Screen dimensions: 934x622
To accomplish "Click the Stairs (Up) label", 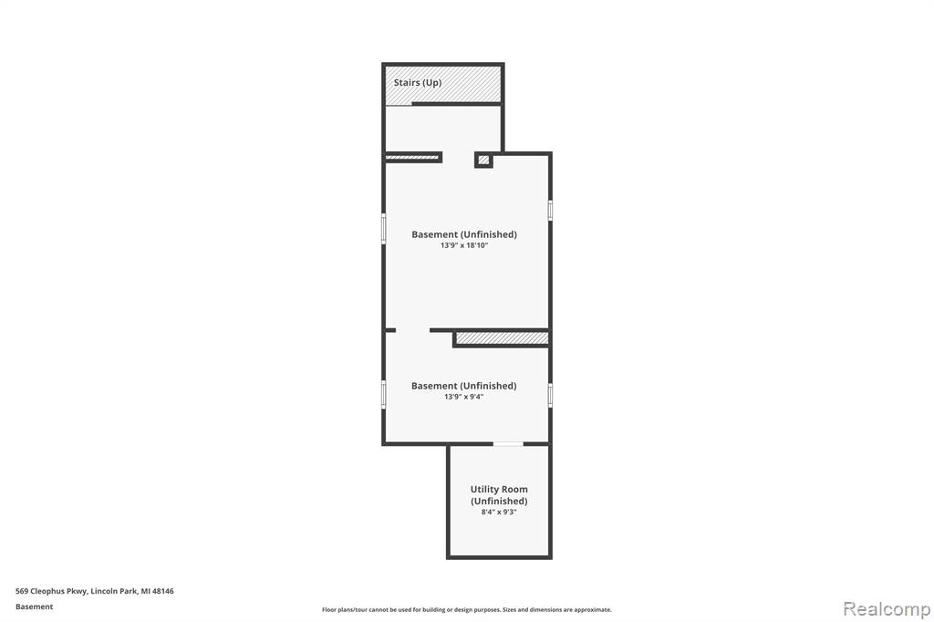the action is click(418, 83).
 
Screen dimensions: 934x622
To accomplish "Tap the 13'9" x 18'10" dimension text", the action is click(464, 245).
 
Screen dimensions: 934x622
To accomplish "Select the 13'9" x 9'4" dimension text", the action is click(464, 397).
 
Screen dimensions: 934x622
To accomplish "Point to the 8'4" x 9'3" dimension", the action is click(499, 512).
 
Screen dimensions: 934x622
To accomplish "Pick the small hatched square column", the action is click(483, 161).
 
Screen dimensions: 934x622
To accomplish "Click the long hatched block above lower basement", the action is click(503, 338).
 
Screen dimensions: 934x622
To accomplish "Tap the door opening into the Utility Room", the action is click(508, 444).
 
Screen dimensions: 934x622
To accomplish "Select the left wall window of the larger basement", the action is click(384, 229).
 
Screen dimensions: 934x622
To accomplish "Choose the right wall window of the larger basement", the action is click(550, 211).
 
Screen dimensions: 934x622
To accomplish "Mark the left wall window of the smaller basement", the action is click(384, 394).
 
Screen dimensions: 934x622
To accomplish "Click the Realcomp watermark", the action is click(887, 609).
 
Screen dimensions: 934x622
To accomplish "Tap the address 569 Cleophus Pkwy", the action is click(52, 591).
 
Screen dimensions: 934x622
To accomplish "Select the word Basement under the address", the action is click(34, 606).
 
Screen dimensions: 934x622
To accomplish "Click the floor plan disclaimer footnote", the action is click(467, 609).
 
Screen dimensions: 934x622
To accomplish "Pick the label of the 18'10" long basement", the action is click(464, 234).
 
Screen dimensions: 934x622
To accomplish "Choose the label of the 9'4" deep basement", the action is click(464, 386).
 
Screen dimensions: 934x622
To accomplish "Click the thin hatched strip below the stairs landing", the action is click(412, 157).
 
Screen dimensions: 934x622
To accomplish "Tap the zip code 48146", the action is click(162, 591).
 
